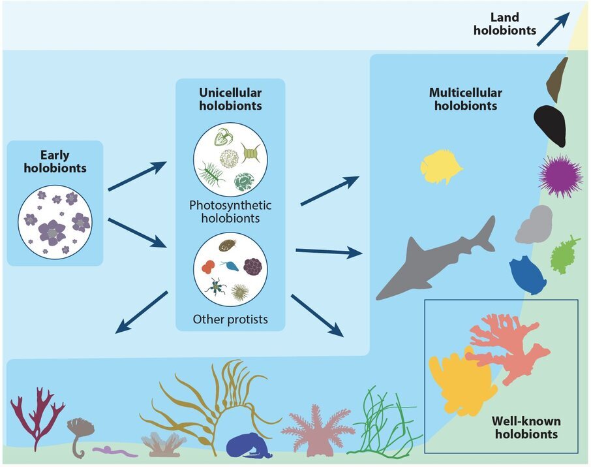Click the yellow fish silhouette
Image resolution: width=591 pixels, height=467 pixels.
(441, 166)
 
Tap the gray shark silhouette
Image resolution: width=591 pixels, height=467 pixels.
(433, 261)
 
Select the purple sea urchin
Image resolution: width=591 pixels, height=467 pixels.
(560, 176)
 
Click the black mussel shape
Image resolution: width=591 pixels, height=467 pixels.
(551, 125)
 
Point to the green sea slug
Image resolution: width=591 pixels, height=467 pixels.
(564, 255)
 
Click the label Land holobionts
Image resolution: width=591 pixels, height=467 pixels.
(505, 24)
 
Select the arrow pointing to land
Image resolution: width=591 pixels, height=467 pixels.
(553, 29)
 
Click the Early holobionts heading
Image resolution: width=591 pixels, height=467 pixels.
(55, 161)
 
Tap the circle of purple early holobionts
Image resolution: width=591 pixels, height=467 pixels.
(55, 222)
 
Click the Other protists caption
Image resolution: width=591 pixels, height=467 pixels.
(230, 319)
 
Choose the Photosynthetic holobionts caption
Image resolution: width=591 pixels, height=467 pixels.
(230, 212)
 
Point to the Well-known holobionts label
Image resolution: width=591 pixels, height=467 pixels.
(526, 427)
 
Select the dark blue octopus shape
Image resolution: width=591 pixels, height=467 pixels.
(248, 445)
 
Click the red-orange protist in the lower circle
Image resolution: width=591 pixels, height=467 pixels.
(208, 266)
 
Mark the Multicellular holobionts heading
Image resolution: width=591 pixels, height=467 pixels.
(466, 99)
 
